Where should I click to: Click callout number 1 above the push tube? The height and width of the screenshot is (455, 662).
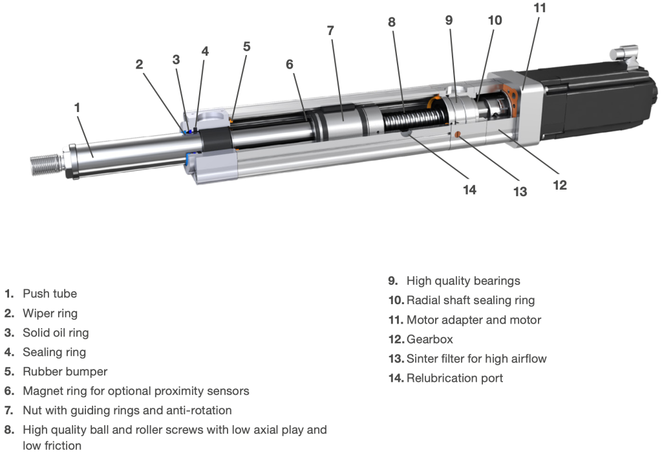coord(78,107)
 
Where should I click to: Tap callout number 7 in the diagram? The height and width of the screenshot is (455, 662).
coord(330,30)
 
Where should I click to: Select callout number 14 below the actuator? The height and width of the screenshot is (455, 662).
coord(469,189)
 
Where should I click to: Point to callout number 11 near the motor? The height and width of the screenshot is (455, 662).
coord(540,8)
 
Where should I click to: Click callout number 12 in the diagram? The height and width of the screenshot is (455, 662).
coord(560,185)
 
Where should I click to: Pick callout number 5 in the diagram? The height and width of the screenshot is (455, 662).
coord(246,47)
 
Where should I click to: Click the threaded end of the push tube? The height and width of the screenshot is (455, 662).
coord(45,164)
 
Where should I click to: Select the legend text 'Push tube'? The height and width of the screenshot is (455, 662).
coord(50,294)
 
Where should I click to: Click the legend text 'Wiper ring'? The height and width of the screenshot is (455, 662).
coord(50,313)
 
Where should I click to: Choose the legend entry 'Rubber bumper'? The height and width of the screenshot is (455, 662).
coord(65,372)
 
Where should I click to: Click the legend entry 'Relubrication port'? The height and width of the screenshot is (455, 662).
coord(454,378)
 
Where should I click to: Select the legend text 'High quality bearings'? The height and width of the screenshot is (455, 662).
coord(463,281)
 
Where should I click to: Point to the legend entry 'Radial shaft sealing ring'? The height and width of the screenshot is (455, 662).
coord(471,300)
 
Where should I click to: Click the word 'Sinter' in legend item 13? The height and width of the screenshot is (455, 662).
coord(422,359)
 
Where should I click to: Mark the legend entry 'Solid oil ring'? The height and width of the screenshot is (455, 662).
coord(56,333)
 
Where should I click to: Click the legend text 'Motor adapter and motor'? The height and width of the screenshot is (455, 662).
coord(473,320)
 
